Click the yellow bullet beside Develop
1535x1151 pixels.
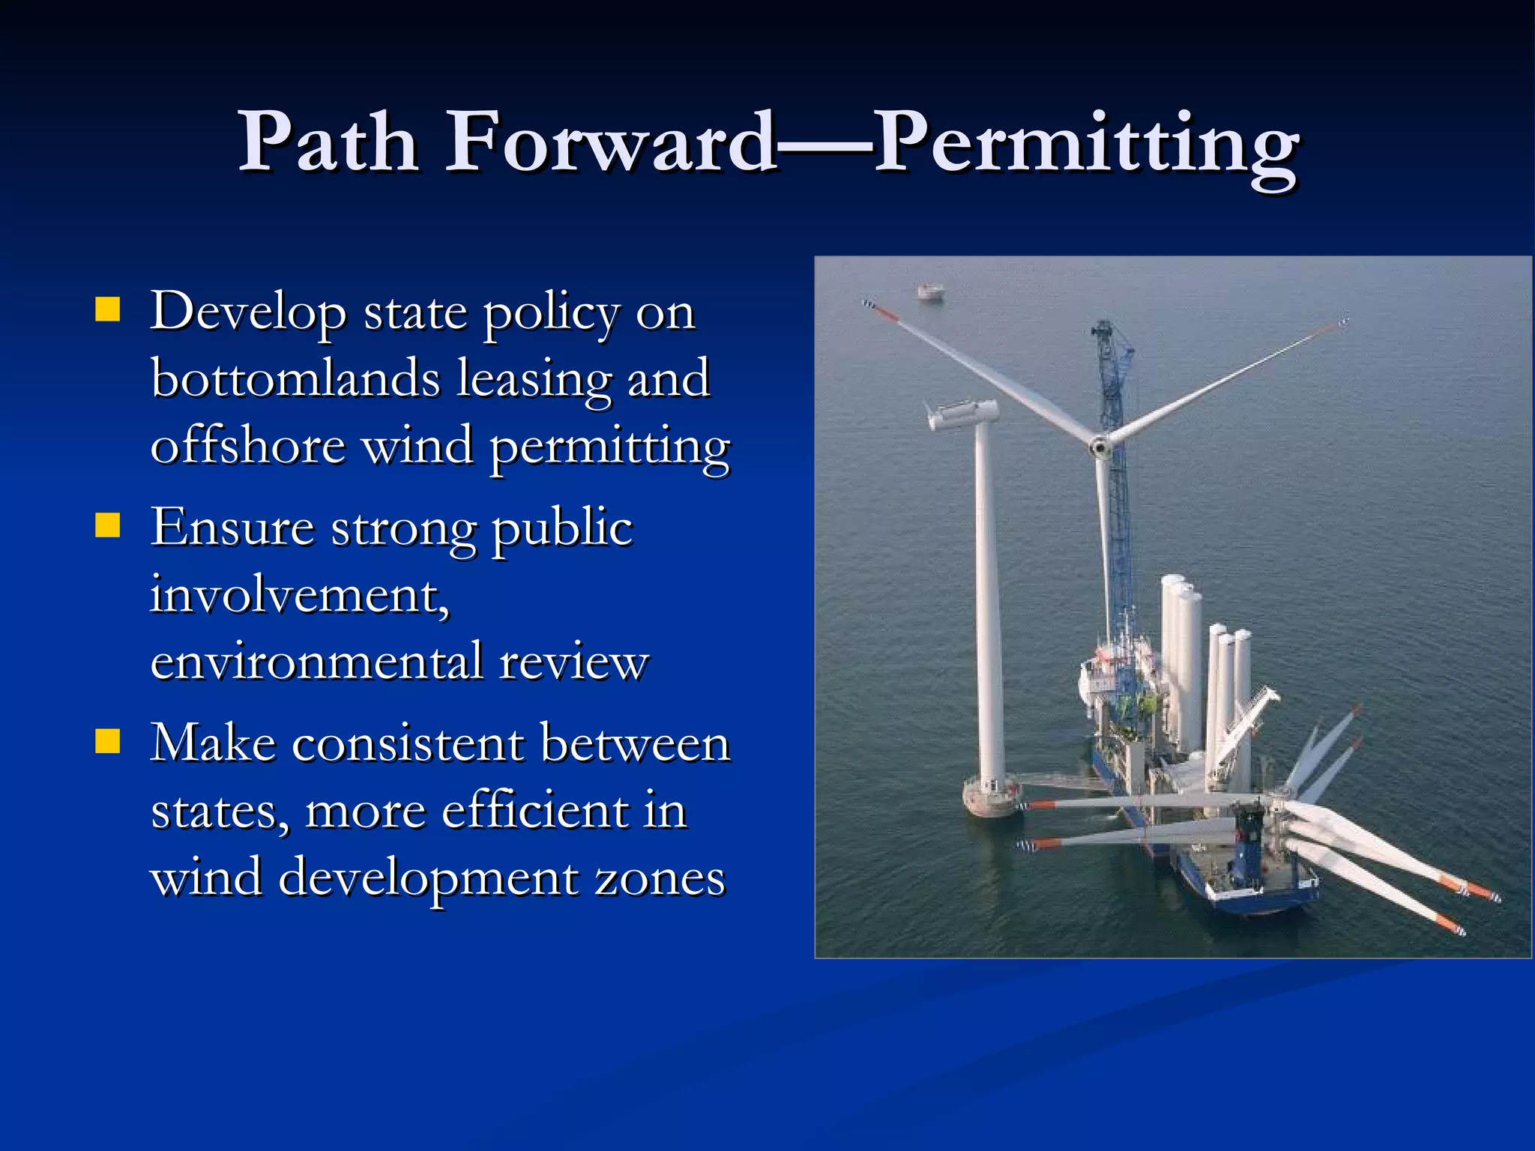coord(108,309)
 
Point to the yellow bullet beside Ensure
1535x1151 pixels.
coord(108,526)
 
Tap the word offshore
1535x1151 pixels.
coord(248,445)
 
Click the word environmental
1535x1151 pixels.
coord(316,662)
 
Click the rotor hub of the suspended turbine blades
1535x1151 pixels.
coord(1100,447)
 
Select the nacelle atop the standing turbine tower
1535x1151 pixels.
coord(963,413)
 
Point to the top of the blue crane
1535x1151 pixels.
coord(1103,327)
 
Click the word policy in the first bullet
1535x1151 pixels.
coord(551,313)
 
